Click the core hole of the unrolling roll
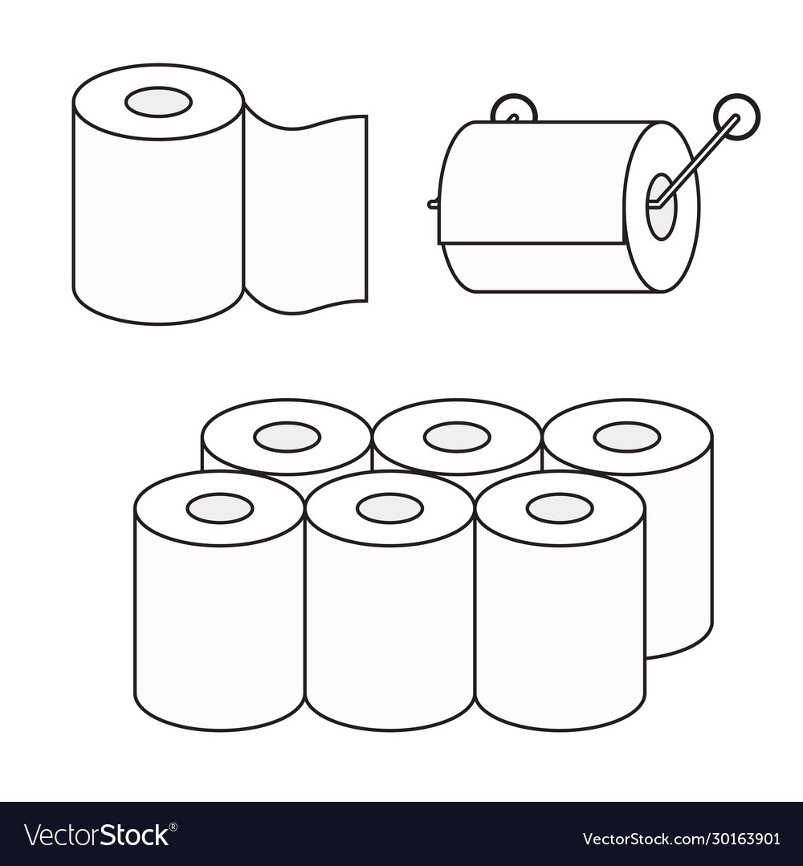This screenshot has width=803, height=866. (158, 102)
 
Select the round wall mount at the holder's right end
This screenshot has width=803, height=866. (737, 116)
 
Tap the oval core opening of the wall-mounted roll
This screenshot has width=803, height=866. (660, 207)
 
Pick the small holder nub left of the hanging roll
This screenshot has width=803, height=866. (433, 205)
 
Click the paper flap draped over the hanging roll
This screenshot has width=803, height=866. (532, 182)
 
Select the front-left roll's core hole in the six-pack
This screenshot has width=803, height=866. (220, 508)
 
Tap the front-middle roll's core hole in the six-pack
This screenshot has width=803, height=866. (390, 508)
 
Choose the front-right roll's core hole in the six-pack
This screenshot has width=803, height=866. (560, 508)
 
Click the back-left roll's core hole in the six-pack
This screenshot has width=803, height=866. (287, 437)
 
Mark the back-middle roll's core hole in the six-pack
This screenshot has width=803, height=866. (457, 437)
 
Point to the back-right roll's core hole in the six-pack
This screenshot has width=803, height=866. (627, 437)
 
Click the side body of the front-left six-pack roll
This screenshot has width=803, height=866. (219, 626)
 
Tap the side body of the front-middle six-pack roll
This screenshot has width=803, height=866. (390, 626)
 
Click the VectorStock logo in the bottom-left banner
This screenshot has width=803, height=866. (96, 835)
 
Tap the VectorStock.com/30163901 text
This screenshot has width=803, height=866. (680, 839)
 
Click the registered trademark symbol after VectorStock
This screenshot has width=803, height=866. (173, 826)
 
